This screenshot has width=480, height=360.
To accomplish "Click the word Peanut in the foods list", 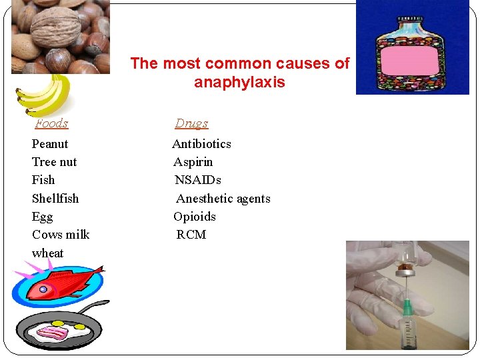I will point(50,144).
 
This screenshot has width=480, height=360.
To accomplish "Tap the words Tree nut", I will point(54,162).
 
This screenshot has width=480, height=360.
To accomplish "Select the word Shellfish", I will point(55,199).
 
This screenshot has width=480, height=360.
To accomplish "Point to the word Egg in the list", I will point(42,217).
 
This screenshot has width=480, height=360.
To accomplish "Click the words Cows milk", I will point(61,235).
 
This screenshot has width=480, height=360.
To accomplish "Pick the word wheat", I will point(48,253).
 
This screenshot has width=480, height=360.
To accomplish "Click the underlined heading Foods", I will point(52,123).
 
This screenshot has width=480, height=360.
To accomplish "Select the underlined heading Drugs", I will point(191,123).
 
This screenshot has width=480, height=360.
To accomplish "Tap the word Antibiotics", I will point(201,144).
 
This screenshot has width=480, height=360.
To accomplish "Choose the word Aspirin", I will point(193,162).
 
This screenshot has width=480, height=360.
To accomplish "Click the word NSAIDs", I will point(198,180).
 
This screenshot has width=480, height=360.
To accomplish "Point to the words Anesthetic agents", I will point(223,199).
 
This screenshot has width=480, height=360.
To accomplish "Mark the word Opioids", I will point(195,217).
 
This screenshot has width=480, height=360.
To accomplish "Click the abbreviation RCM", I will point(191,235).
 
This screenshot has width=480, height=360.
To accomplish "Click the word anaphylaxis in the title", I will point(239,83).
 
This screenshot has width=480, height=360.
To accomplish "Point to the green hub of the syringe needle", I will point(407,307).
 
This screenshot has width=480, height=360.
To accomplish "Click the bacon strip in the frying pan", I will point(57,331).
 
